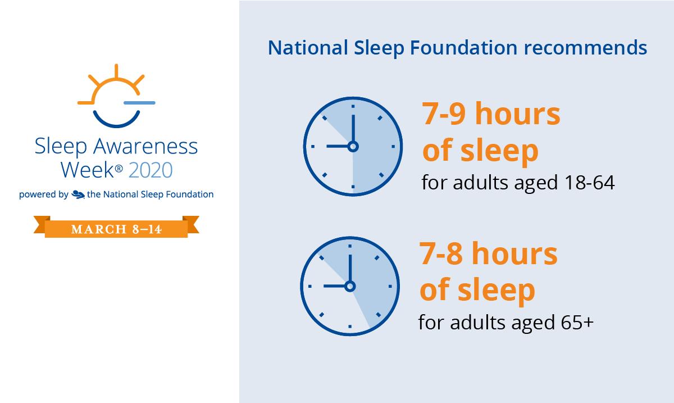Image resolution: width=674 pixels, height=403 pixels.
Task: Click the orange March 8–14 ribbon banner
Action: coord(116,227)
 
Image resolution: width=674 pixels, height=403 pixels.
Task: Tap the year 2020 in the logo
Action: coord(151,170)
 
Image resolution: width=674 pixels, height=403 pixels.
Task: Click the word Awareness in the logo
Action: coord(145,146)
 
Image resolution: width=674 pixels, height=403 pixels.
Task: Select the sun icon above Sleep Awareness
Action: coord(116,84)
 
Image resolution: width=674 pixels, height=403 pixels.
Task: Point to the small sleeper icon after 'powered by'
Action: coord(78,194)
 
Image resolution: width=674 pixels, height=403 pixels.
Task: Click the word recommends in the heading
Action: coord(585,48)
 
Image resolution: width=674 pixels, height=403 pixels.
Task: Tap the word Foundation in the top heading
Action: coord(463,48)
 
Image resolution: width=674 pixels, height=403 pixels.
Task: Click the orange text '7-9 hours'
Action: coord(491,114)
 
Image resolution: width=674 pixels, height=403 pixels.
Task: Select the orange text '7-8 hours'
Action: coord(488,253)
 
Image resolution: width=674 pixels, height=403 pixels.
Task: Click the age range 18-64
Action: coord(589,183)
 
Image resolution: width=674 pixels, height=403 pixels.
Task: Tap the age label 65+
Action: coord(577,322)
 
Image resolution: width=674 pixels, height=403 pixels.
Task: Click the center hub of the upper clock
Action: coord(353,147)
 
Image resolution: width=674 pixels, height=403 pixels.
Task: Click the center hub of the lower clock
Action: coord(350,287)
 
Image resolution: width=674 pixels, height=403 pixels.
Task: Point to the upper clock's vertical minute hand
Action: coord(353,128)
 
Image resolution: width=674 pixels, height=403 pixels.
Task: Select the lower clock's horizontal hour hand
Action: coord(334,286)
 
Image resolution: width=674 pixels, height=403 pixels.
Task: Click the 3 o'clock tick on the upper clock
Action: coord(393,146)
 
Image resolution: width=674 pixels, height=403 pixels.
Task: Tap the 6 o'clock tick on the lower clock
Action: coord(350,327)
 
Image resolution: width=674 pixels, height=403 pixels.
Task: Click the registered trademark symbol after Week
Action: coord(119,169)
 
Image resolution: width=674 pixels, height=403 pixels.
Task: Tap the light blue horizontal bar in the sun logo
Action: coord(139,103)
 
